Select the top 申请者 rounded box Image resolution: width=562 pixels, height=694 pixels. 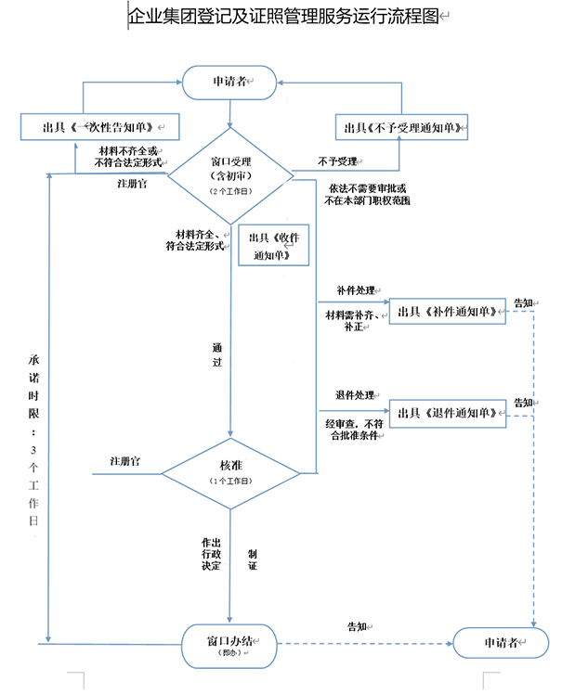pyautogui.click(x=229, y=83)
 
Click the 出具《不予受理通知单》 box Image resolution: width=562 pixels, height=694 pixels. pyautogui.click(x=402, y=127)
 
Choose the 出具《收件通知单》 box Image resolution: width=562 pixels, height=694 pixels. pyautogui.click(x=274, y=246)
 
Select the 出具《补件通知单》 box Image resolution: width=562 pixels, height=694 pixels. pyautogui.click(x=448, y=312)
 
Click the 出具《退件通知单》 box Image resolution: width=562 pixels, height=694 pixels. pyautogui.click(x=448, y=412)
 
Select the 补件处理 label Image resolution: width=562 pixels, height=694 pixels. pyautogui.click(x=354, y=292)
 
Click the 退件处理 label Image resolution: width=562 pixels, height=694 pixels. pyautogui.click(x=354, y=395)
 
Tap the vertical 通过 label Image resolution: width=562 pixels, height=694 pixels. pyautogui.click(x=216, y=355)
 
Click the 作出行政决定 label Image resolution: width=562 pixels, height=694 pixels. pyautogui.click(x=211, y=553)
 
